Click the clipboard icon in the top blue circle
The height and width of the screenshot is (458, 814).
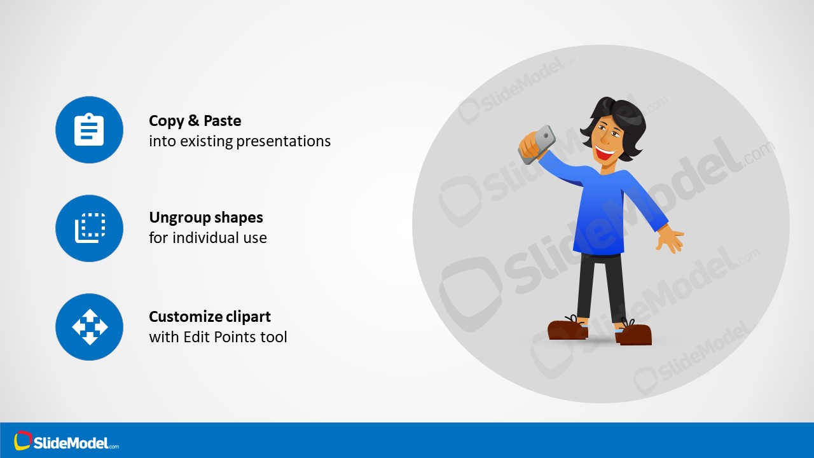(89, 130)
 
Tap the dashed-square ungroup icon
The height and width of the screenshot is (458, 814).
(89, 228)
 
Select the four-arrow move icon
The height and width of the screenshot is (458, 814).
(89, 327)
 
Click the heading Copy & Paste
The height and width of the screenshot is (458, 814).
(195, 121)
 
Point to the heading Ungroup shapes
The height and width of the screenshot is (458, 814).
(205, 218)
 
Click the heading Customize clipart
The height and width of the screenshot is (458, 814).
(210, 317)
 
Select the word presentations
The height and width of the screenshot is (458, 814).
(284, 141)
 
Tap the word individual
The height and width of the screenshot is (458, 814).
(206, 238)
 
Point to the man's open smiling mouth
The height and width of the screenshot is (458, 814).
(604, 153)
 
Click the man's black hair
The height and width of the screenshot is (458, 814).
(620, 118)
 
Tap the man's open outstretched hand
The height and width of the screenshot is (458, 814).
(670, 240)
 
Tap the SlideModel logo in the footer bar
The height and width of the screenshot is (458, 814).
(67, 442)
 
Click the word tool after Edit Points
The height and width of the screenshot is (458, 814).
(273, 337)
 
